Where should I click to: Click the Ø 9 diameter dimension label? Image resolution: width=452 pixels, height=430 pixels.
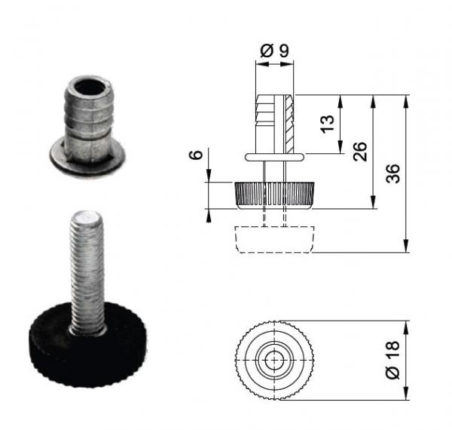tap(273, 51)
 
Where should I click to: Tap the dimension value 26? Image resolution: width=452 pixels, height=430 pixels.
tap(359, 151)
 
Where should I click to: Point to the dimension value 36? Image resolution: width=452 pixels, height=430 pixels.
tap(393, 174)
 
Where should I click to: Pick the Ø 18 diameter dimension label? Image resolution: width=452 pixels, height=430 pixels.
tap(392, 360)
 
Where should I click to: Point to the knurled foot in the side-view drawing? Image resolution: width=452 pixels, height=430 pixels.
tap(274, 195)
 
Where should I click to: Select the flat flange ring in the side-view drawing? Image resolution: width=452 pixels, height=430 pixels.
tap(274, 156)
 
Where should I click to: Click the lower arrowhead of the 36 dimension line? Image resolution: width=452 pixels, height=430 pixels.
tap(407, 247)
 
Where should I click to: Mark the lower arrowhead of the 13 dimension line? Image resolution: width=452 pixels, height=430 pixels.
tap(342, 149)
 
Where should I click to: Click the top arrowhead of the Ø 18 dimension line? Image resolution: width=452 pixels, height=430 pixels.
tap(407, 327)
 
